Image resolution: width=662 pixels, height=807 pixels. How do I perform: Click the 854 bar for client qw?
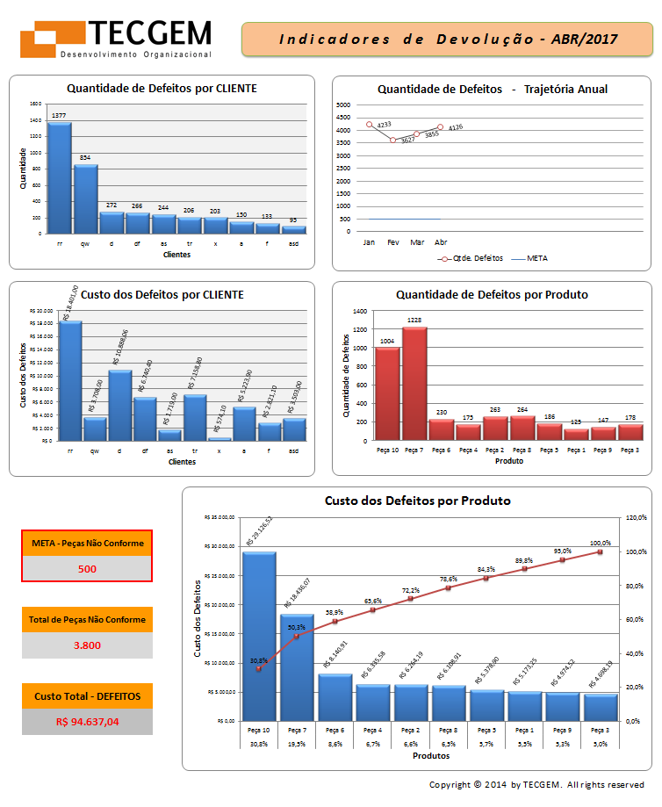tap(85, 198)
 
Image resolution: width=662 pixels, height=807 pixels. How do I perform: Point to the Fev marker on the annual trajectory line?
tap(393, 141)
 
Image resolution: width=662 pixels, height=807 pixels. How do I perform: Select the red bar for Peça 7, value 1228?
tap(414, 383)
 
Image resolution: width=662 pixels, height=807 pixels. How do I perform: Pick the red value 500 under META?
tap(87, 568)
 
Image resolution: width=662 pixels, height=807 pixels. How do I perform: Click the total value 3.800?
tap(87, 645)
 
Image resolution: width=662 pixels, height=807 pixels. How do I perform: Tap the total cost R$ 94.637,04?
tap(87, 722)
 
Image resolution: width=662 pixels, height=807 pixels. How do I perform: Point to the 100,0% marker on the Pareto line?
tap(600, 551)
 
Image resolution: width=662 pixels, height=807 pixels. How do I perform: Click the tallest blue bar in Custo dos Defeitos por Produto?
tap(259, 636)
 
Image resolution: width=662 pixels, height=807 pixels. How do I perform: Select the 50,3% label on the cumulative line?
tap(296, 627)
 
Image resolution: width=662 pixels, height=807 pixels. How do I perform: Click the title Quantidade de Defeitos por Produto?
tap(492, 295)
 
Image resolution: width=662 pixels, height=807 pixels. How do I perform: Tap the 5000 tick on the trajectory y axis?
tap(343, 105)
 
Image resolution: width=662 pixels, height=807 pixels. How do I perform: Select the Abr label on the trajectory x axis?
tap(441, 241)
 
